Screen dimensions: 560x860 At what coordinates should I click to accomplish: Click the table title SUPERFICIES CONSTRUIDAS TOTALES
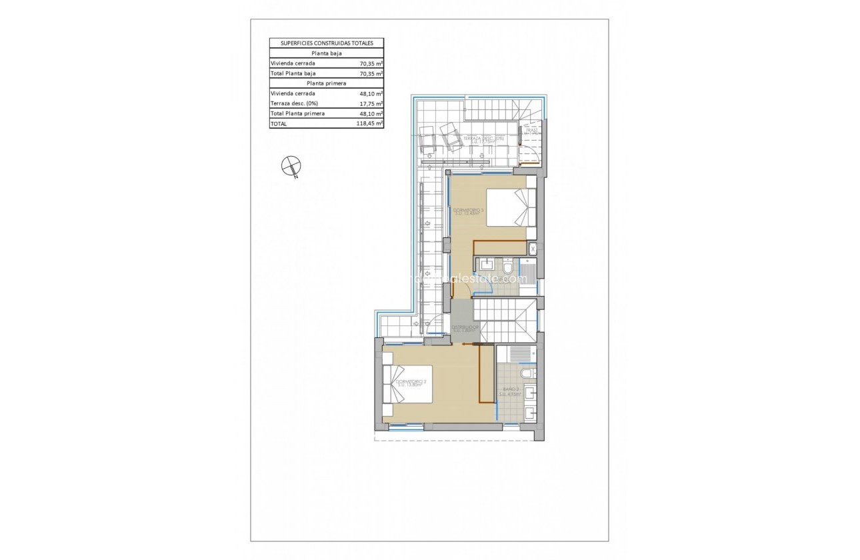point(327,43)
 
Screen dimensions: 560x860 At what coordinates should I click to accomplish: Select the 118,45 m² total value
point(370,123)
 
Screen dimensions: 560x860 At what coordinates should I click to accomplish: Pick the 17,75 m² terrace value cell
point(370,103)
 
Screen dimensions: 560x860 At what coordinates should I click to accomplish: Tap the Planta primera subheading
point(327,83)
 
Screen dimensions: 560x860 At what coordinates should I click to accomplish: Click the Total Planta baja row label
point(293,73)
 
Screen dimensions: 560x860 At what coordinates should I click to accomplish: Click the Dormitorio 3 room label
point(468,211)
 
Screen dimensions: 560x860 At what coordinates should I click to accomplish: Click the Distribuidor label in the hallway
point(464,328)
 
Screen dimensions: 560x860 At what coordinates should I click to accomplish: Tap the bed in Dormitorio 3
point(510,207)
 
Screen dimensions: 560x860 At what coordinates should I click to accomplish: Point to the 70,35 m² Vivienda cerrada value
point(370,63)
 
